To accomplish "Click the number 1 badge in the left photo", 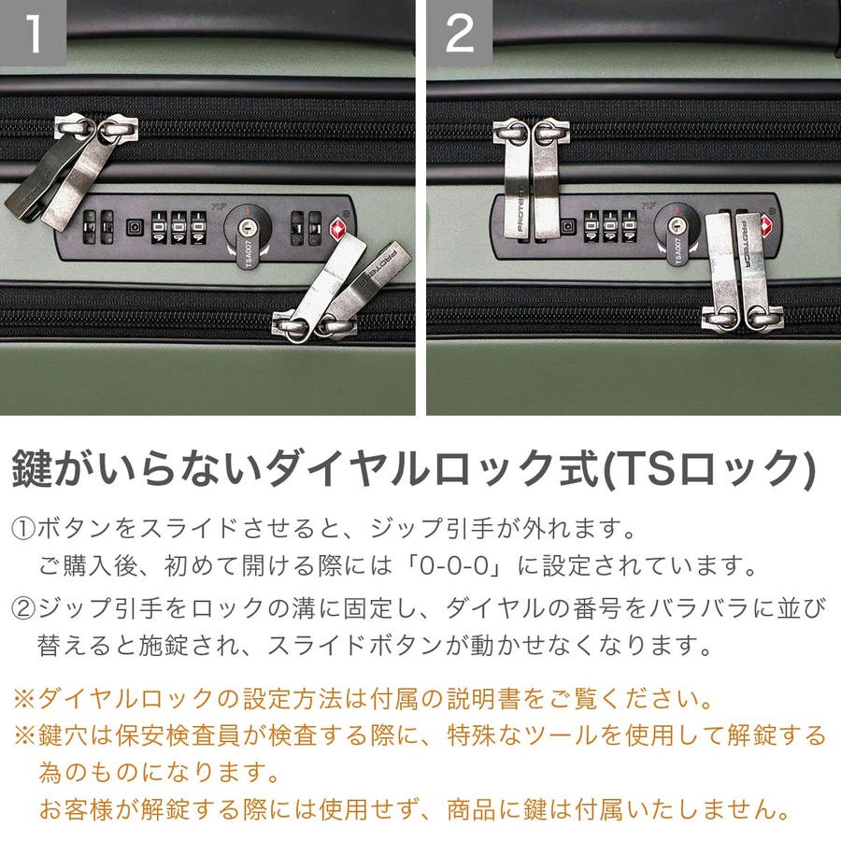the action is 33,33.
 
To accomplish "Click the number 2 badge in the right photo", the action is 460,33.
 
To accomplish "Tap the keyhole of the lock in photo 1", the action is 248,227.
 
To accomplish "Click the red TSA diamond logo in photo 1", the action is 338,229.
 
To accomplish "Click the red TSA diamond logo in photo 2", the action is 767,224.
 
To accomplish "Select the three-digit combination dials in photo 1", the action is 178,227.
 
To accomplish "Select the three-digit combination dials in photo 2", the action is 610,225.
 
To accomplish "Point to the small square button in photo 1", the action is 135,227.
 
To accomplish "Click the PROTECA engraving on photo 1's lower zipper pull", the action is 378,265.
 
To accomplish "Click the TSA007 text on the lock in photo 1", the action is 249,253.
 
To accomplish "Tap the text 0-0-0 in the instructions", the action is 454,566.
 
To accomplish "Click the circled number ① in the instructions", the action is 23,529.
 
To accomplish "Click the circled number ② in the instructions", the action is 23,608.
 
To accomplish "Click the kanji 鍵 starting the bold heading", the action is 32,469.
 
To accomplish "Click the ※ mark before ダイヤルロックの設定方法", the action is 24,699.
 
